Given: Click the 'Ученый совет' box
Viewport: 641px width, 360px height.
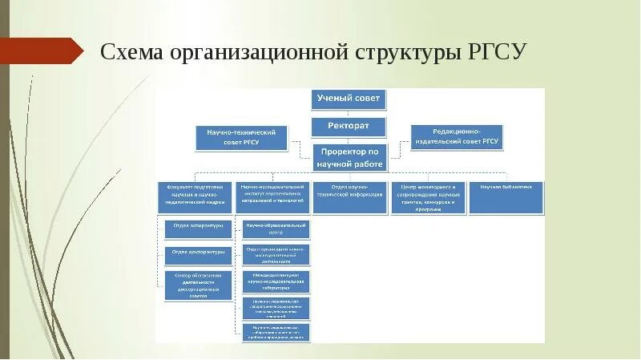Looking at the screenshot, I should [349, 99].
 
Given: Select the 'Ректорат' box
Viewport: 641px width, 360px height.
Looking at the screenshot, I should [349, 126].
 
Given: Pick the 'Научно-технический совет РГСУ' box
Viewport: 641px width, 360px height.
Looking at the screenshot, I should [241, 137].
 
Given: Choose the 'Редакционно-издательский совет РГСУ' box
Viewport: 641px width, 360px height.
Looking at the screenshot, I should [457, 137].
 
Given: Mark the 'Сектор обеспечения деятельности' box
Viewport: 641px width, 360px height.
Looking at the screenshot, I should [198, 285].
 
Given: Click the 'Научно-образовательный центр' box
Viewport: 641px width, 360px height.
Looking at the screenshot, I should [275, 229].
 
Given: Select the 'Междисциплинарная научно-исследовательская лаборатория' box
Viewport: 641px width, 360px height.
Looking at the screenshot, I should [275, 281].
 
